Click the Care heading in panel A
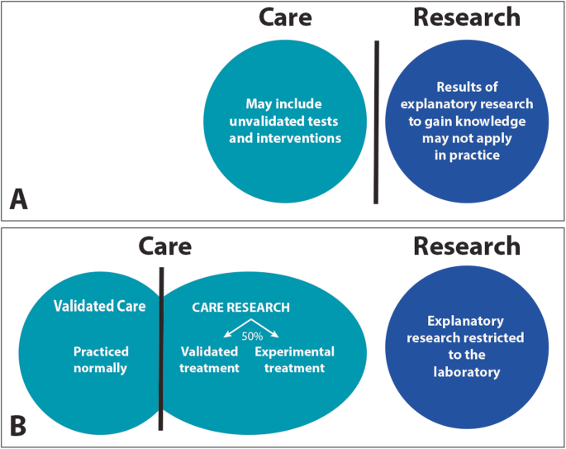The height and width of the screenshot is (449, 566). pos(285,17)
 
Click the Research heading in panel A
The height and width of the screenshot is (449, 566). pos(467,17)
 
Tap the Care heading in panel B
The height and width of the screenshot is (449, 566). pos(165,246)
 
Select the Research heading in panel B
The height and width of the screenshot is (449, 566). pos(467,246)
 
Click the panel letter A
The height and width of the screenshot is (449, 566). pos(19,200)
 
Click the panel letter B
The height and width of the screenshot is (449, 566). pos(18,426)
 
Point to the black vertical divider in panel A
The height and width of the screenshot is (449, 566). pos(376,122)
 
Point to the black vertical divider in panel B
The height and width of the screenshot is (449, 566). pos(161,349)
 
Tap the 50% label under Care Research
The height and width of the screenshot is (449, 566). pos(252,337)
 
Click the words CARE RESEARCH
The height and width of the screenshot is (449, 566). pos(240,308)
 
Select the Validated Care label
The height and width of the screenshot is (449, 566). pos(100,306)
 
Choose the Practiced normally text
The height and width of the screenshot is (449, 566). pos(101,360)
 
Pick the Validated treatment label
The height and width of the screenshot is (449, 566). pos(209,360)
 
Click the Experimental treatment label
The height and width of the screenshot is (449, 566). pos(294,360)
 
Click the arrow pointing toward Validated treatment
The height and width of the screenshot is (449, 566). pos(237,328)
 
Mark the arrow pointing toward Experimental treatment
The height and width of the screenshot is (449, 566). pos(265,328)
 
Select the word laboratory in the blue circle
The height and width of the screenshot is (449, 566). pos(467,372)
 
